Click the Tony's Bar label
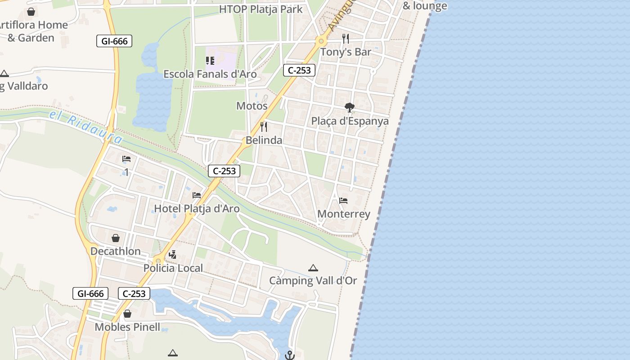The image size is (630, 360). (346, 52)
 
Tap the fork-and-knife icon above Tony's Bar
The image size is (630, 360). (346, 39)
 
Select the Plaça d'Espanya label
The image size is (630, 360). (350, 121)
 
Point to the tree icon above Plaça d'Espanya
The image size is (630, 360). (349, 108)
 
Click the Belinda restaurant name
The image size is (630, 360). (264, 140)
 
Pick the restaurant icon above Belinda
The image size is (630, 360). (264, 127)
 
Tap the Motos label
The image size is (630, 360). (252, 106)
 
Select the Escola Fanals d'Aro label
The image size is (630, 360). (210, 74)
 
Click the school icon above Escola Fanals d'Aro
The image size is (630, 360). (210, 61)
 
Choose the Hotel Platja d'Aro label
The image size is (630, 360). (197, 209)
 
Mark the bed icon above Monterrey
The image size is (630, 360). (343, 201)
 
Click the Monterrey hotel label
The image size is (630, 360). (344, 214)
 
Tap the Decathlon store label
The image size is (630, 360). (116, 251)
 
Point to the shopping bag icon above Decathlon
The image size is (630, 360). (116, 238)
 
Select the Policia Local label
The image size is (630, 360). (173, 268)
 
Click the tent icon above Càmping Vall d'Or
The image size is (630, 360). (313, 268)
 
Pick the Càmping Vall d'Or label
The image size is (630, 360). (313, 281)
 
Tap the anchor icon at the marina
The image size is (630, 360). (289, 355)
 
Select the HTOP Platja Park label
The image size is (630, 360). (261, 9)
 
